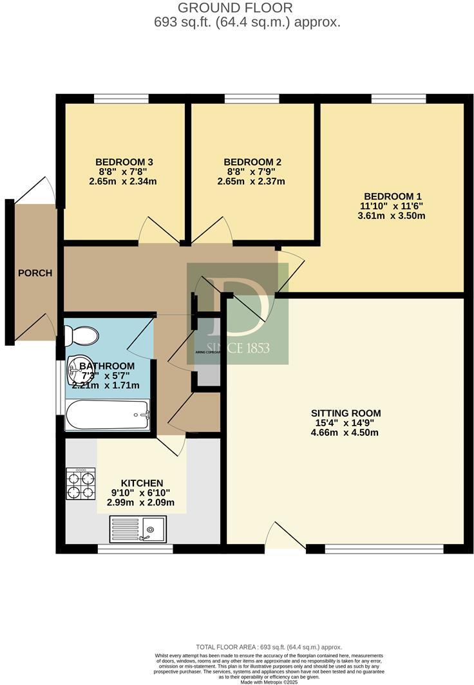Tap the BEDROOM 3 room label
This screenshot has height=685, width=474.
click(124, 162)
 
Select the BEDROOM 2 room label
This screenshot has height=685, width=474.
click(252, 162)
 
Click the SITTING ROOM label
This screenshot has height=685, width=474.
click(345, 413)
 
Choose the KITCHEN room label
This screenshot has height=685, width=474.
click(142, 483)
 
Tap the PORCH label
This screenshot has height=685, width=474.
click(35, 273)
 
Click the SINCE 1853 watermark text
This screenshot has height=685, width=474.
click(238, 348)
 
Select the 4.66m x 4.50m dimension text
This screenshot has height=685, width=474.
click(345, 433)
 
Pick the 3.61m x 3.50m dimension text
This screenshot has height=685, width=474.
click(392, 216)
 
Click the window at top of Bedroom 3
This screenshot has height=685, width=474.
click(121, 99)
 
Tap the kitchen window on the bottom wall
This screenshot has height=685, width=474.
click(135, 549)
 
